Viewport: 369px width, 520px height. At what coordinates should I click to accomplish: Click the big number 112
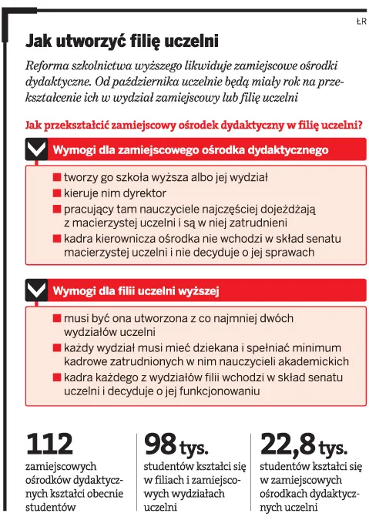point(50,444)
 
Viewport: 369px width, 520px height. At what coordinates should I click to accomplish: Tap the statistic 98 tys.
point(170,444)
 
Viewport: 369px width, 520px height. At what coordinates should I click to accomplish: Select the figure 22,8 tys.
point(304,444)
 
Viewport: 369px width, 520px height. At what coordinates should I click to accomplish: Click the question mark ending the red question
point(361,125)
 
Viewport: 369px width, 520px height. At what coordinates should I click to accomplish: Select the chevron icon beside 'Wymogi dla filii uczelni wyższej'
point(36,290)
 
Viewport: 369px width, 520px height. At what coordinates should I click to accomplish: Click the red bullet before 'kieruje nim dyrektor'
point(57,193)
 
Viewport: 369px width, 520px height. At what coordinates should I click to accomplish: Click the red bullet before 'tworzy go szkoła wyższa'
point(57,177)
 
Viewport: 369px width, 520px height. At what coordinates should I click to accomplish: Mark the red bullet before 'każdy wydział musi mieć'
point(57,347)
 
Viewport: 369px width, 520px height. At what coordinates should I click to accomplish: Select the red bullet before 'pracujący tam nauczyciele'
point(57,208)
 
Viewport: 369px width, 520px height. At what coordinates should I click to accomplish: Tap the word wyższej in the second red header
point(201,290)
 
